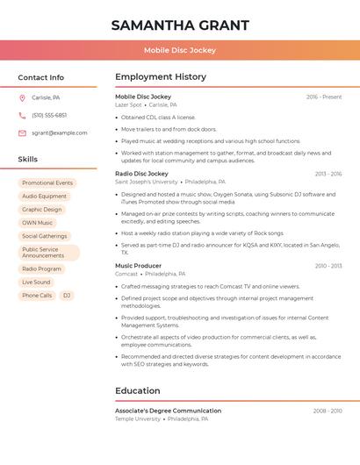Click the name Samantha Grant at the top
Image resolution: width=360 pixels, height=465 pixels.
pyautogui.click(x=180, y=25)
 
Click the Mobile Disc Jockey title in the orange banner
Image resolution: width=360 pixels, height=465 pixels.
pyautogui.click(x=180, y=50)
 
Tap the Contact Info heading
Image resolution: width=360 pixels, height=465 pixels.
pyautogui.click(x=40, y=77)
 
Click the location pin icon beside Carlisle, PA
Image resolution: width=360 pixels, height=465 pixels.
pyautogui.click(x=22, y=97)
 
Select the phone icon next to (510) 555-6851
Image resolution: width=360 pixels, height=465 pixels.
pyautogui.click(x=22, y=115)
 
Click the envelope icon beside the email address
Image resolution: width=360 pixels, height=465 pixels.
pyautogui.click(x=22, y=132)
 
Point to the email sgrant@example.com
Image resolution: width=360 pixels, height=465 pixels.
pyautogui.click(x=59, y=132)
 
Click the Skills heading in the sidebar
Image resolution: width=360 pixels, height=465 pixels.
pyautogui.click(x=28, y=159)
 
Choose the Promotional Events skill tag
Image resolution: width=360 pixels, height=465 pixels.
pyautogui.click(x=47, y=182)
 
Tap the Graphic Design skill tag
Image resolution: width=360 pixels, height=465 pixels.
pyautogui.click(x=42, y=210)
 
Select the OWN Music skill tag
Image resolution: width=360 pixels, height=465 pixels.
pyautogui.click(x=38, y=223)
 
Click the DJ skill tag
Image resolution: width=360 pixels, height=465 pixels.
pyautogui.click(x=67, y=296)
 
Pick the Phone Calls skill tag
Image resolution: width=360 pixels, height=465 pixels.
pyautogui.click(x=37, y=296)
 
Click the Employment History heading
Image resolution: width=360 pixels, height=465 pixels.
pyautogui.click(x=161, y=77)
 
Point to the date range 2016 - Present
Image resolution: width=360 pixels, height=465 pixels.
pyautogui.click(x=323, y=97)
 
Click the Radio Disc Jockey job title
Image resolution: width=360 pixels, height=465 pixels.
pyautogui.click(x=141, y=174)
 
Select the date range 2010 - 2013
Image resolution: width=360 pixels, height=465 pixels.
pyautogui.click(x=328, y=265)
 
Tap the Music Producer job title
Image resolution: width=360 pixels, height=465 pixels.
pyautogui.click(x=138, y=265)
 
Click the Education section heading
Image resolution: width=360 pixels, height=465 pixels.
pyautogui.click(x=137, y=390)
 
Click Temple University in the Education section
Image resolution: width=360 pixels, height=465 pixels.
pyautogui.click(x=138, y=419)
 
